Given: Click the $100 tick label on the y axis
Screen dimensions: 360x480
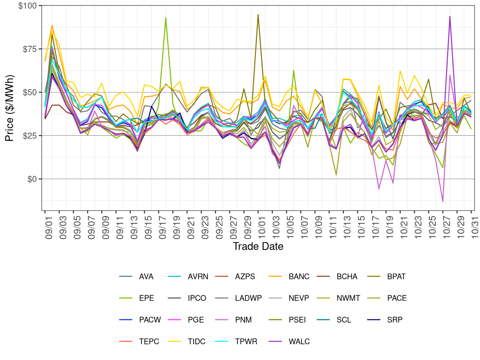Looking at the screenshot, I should [x=27, y=6].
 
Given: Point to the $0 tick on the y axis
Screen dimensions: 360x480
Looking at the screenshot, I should [x=32, y=179].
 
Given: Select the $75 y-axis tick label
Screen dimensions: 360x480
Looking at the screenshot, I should [x=30, y=49].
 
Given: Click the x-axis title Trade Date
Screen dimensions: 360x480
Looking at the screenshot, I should [x=258, y=246].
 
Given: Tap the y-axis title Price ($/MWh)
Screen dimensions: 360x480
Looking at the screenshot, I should [x=10, y=108].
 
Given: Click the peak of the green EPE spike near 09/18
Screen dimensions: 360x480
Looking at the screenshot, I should [x=166, y=17].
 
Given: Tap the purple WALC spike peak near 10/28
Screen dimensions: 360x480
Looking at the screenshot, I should [x=450, y=16].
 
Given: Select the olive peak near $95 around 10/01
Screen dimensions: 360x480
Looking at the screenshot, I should [x=258, y=15].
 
